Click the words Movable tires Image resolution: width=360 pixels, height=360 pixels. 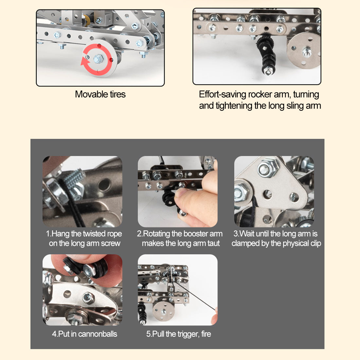[100, 94]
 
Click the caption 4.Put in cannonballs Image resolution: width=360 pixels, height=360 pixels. [84, 334]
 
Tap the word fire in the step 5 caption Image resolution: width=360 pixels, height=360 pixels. [206, 334]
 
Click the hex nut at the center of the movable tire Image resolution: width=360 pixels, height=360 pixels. [98, 59]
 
